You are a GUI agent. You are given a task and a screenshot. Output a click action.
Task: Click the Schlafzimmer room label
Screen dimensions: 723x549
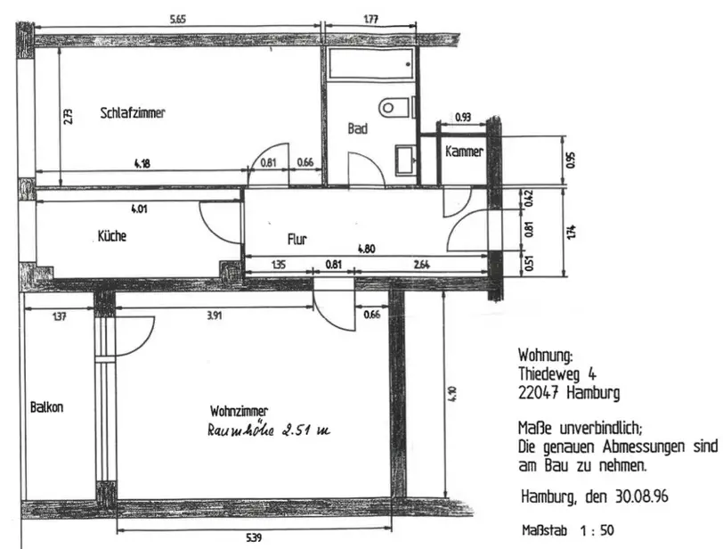coord(133,113)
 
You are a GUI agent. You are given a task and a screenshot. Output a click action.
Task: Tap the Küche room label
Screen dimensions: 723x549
coord(111,237)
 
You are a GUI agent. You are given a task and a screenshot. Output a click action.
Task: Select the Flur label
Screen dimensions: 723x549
coord(297,239)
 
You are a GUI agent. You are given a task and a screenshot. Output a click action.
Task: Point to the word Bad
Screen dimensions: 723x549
coord(357,129)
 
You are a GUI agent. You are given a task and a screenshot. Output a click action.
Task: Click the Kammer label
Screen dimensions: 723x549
coord(464,152)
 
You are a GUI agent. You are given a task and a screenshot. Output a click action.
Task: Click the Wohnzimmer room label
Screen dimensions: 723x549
coord(240,411)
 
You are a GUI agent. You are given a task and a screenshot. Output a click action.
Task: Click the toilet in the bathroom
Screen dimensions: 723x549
coord(397,108)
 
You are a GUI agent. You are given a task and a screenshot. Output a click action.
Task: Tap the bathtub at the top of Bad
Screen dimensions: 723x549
coord(370,64)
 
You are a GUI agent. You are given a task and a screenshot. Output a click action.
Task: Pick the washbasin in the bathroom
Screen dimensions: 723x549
coord(405,158)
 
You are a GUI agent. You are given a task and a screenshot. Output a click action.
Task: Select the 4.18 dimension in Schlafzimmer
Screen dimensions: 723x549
coord(141,163)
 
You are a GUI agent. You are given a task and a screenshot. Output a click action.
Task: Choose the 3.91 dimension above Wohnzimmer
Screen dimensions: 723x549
coord(215,315)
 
